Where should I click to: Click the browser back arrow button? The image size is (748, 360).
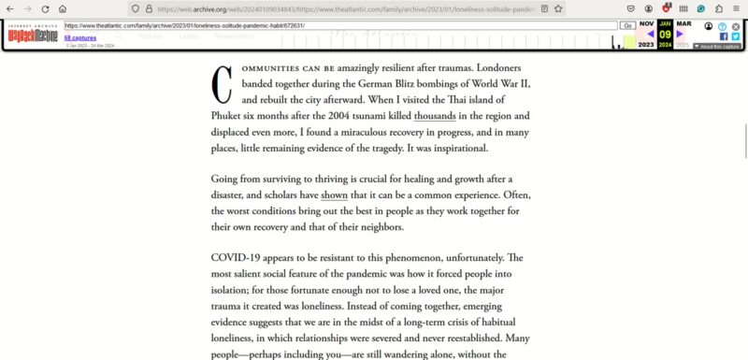tap(9, 8)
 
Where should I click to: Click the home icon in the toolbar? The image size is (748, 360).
tap(61, 8)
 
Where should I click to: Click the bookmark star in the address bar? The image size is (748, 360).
tap(558, 8)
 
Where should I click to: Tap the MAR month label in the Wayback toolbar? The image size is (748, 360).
tap(683, 23)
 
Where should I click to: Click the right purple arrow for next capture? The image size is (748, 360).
tap(681, 34)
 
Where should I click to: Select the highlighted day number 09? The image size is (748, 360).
tap(665, 34)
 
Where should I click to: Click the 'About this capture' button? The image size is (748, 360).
tap(717, 46)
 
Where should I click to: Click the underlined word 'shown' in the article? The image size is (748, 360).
tap(334, 194)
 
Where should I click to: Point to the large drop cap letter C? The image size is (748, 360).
tap(223, 85)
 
